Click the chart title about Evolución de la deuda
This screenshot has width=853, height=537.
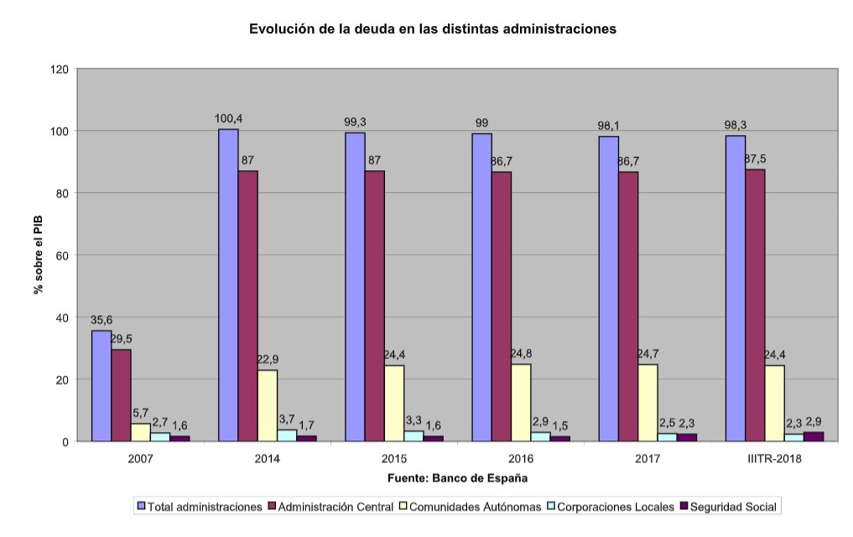point(433,29)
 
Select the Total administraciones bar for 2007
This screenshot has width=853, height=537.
point(101,386)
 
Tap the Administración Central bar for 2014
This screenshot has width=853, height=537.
point(247,306)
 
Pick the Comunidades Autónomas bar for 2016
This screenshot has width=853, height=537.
point(521,402)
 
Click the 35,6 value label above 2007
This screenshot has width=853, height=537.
point(101,320)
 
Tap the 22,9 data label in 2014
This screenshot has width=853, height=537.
point(268,359)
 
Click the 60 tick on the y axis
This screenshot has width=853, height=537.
point(60,255)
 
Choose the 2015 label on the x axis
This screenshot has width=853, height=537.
point(394,459)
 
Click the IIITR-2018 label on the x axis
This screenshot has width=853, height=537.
point(774,459)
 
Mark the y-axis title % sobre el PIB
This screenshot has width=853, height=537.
point(38,255)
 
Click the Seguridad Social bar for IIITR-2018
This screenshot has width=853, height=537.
point(814,436)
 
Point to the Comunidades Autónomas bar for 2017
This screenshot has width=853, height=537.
point(648,402)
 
